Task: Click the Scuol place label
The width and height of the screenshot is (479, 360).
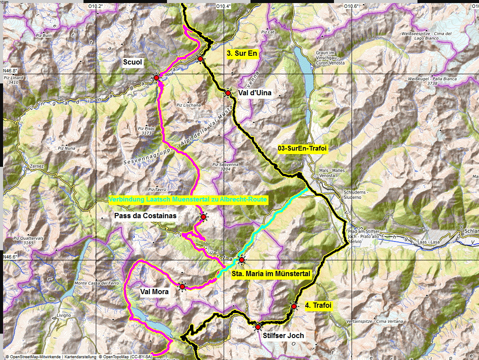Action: click(133, 62)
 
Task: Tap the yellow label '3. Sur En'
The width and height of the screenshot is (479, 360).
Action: click(242, 54)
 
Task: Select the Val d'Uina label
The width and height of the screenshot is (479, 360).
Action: click(255, 93)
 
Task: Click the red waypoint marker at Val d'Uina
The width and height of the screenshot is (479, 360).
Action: click(228, 93)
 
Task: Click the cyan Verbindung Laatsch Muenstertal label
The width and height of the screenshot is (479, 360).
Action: click(188, 200)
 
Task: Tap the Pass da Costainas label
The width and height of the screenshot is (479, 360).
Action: click(145, 216)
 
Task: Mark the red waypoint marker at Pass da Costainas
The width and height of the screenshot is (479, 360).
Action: click(203, 217)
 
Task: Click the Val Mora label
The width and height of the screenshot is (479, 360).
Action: click(154, 292)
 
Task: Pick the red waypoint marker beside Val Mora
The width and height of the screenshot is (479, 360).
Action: click(182, 287)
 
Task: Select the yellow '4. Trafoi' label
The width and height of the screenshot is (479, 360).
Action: click(319, 306)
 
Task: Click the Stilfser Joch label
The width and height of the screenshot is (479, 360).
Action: click(283, 335)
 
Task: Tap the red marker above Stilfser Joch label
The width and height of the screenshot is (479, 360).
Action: click(258, 327)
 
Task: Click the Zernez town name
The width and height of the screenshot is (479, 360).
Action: click(37, 166)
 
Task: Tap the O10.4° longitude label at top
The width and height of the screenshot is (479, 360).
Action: click(223, 6)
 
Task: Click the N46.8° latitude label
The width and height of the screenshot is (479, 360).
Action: click(10, 71)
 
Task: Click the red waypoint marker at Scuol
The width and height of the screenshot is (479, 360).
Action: click(156, 78)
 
